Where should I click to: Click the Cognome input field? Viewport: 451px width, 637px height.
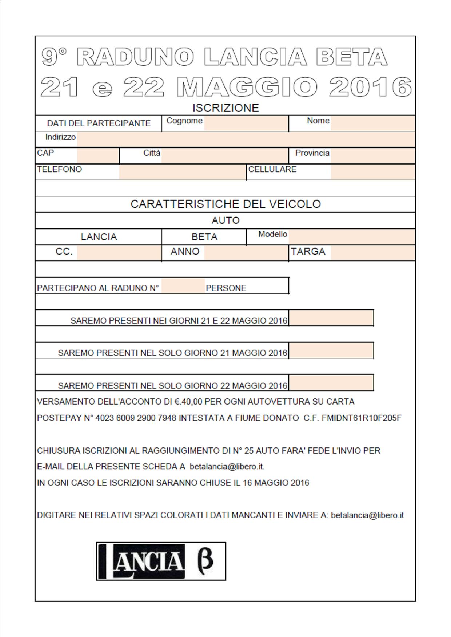tap(246, 123)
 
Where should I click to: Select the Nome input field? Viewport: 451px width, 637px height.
tap(372, 123)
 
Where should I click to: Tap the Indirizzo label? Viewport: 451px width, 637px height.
tap(60, 137)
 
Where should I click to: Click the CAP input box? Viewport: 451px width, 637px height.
tap(97, 155)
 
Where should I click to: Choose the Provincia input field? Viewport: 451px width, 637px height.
tap(372, 155)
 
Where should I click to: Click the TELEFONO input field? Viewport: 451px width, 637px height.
tap(182, 172)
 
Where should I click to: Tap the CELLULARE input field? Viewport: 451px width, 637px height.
tap(372, 172)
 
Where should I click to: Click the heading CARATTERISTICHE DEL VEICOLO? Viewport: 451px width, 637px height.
tap(225, 204)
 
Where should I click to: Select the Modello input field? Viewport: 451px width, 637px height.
tap(352, 237)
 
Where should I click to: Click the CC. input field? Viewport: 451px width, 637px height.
tap(119, 252)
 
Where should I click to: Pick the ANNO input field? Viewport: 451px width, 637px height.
tap(246, 252)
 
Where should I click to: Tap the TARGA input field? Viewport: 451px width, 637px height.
tap(372, 252)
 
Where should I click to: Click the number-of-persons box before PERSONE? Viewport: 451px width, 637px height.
tap(183, 286)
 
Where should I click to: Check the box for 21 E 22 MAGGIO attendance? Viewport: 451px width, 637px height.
tap(331, 318)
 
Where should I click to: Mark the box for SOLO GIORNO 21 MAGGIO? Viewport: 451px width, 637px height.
tap(331, 350)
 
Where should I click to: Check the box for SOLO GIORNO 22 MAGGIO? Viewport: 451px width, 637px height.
tap(331, 383)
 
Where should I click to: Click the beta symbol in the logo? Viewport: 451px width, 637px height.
tap(205, 561)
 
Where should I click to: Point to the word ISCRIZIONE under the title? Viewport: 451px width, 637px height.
tap(225, 108)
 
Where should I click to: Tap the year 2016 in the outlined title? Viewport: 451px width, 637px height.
tap(370, 87)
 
